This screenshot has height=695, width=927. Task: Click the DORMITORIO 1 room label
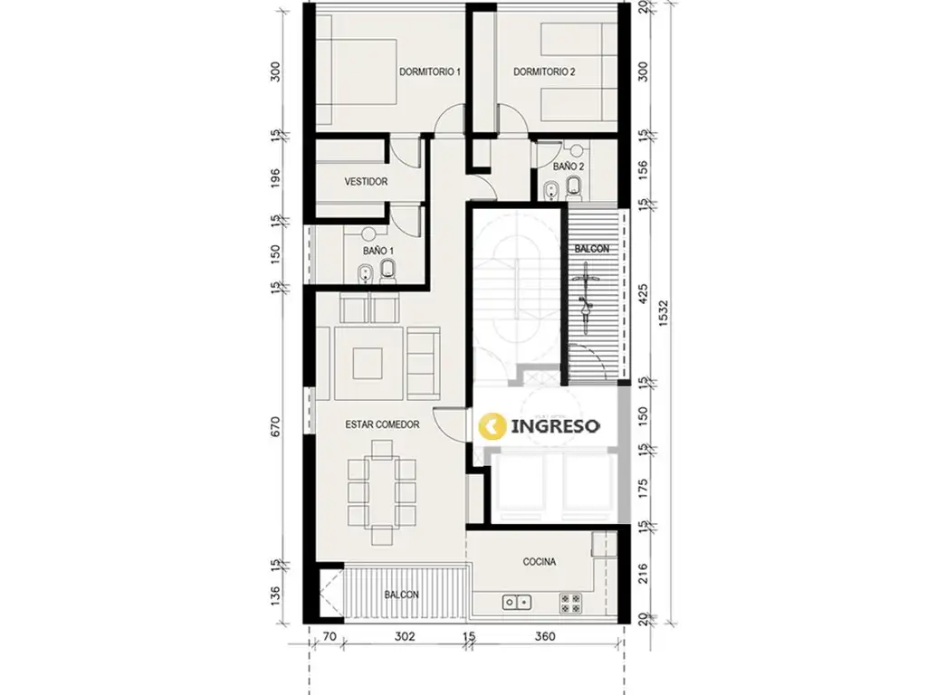tap(430, 72)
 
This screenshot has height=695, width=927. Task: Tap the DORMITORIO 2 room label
tap(544, 72)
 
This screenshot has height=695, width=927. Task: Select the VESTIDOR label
tap(366, 182)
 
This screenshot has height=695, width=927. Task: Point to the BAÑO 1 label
tap(378, 252)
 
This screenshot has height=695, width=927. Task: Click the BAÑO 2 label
tap(569, 167)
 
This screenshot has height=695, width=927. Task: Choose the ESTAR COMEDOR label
tap(383, 424)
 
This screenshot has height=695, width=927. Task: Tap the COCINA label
tap(540, 561)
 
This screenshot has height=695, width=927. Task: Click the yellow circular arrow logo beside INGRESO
tap(492, 425)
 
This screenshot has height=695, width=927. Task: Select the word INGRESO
tap(555, 425)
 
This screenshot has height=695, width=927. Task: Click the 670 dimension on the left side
tap(276, 427)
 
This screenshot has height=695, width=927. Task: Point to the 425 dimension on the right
tap(644, 295)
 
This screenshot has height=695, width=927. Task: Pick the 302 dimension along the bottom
tap(405, 636)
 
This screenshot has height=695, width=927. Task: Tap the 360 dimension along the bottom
tap(545, 636)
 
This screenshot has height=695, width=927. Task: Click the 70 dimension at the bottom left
tap(330, 636)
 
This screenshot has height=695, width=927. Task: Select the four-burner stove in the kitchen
tap(570, 603)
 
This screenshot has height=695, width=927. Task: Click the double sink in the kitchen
tap(517, 602)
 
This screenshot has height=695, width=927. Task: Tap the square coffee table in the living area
tap(368, 363)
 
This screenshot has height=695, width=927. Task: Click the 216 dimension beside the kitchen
tap(644, 573)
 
